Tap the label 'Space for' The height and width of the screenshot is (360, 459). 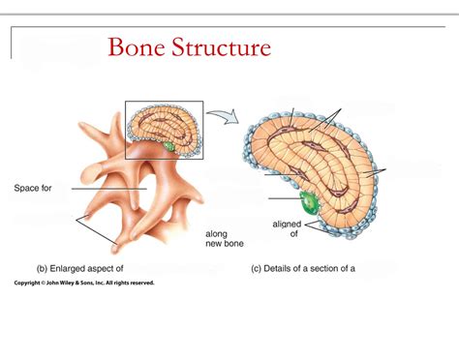click(33, 188)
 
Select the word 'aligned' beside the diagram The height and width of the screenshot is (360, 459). click(287, 224)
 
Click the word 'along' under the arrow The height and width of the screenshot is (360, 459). click(216, 233)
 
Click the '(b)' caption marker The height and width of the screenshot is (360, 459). click(43, 268)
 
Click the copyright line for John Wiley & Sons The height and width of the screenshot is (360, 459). click(84, 284)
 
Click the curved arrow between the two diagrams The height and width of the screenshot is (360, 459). click(222, 116)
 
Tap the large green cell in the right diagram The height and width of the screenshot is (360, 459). click(309, 202)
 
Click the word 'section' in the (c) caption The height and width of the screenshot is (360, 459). click(333, 268)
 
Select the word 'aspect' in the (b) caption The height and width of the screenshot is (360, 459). click(110, 268)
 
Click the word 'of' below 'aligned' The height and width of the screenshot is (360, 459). click(293, 233)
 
